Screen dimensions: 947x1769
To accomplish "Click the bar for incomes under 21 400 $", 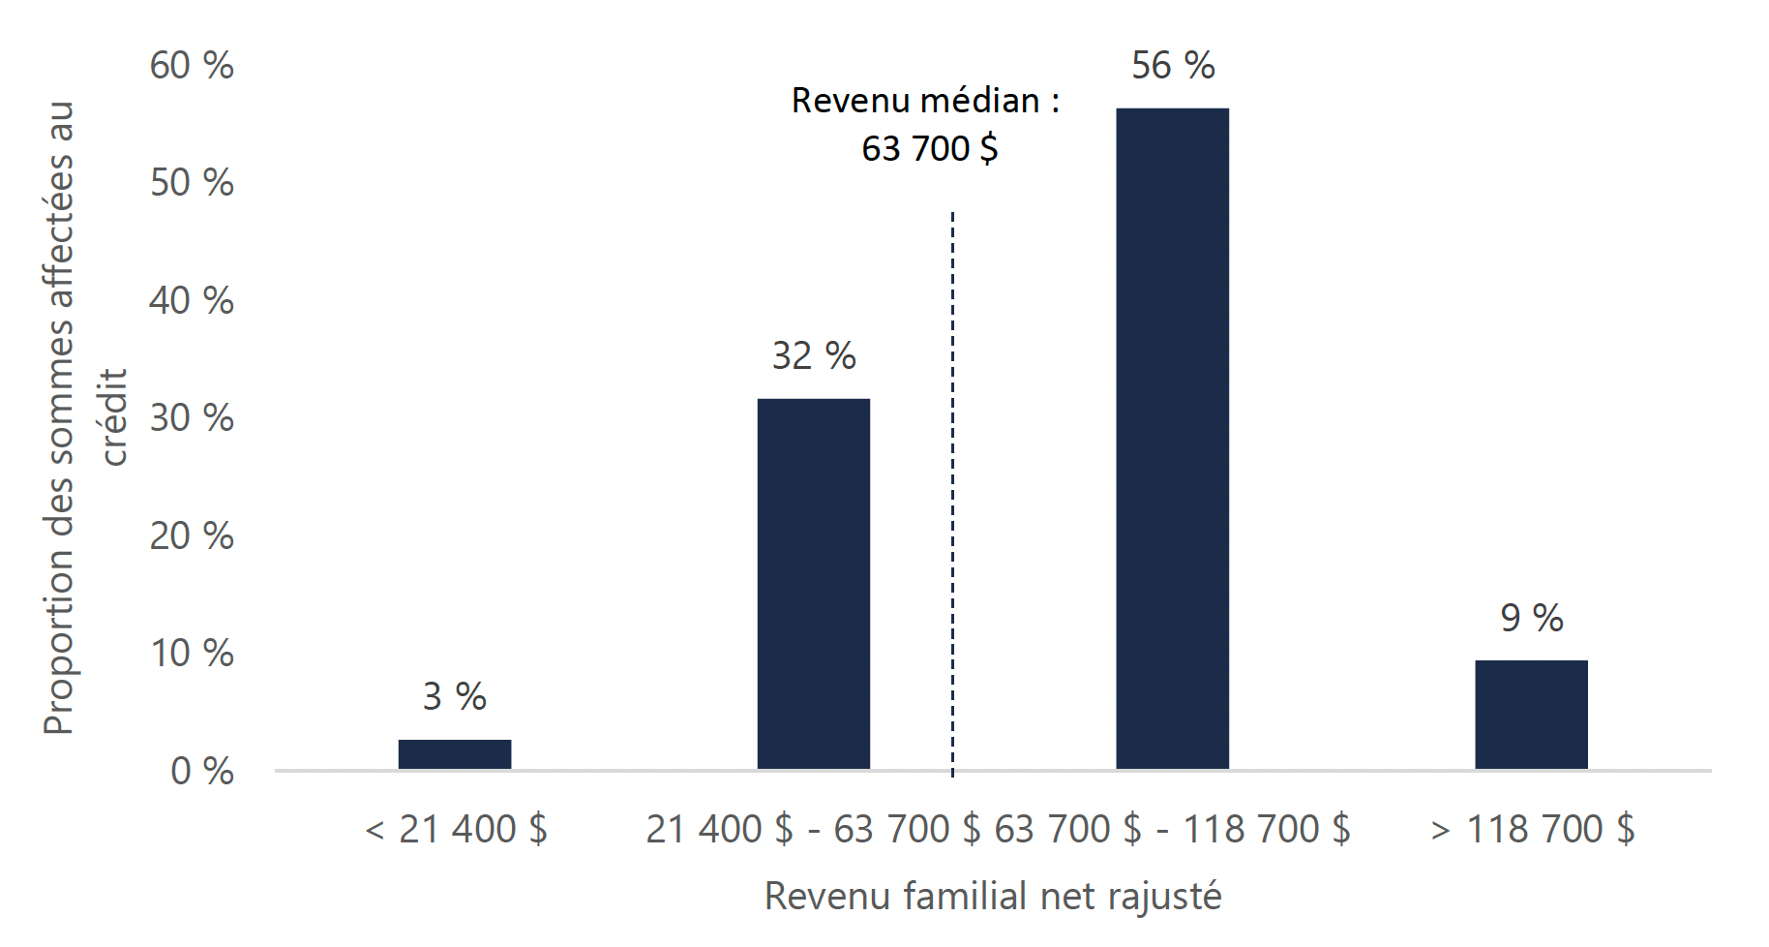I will (x=454, y=754).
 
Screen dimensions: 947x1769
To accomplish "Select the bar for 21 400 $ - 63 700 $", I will (x=813, y=584).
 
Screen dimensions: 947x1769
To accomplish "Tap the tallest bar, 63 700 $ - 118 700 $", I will (x=1172, y=439).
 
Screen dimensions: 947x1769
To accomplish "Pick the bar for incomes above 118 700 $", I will (x=1531, y=715).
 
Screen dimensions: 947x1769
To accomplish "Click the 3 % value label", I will (x=454, y=696).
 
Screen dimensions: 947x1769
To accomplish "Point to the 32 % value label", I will (x=813, y=356).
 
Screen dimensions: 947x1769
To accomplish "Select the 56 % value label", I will (x=1172, y=66).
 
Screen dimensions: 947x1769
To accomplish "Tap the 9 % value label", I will (x=1531, y=618).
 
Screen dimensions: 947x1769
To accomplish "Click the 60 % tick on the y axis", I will (x=192, y=66).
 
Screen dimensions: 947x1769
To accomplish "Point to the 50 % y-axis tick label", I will (x=192, y=183).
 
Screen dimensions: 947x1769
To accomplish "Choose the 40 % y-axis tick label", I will (x=192, y=301).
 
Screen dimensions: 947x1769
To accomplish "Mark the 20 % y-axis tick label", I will (x=192, y=535).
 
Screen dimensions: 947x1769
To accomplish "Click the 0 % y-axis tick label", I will (x=202, y=771).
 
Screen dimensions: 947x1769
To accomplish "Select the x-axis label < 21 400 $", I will (x=456, y=830).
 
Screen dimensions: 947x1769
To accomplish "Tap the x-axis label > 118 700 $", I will (x=1532, y=830).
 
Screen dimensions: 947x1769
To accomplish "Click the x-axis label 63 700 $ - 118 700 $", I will (x=1172, y=830).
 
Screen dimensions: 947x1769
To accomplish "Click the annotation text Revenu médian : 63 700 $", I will (x=926, y=124).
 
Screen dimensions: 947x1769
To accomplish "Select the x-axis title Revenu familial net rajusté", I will (x=993, y=896).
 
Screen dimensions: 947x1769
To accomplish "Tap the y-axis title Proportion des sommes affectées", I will (x=60, y=416).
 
